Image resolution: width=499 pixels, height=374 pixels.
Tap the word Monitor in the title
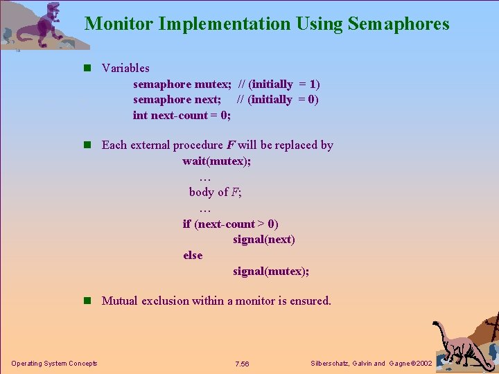tap(119, 24)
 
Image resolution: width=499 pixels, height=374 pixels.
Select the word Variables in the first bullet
tap(125, 68)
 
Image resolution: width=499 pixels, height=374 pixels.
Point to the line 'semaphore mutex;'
tap(182, 84)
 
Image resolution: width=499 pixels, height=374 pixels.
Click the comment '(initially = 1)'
tap(284, 84)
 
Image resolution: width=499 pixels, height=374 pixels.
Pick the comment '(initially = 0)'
tap(283, 99)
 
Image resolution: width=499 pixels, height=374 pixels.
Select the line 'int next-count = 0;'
tap(182, 115)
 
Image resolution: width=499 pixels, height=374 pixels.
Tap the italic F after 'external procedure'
tap(230, 145)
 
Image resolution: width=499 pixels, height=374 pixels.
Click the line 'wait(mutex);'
tap(217, 161)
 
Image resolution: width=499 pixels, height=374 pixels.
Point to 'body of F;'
tap(215, 192)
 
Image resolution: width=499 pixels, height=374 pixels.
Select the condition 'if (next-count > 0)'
tap(230, 224)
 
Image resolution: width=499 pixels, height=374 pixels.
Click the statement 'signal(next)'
tap(263, 240)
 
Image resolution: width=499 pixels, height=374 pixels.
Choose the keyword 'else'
tap(193, 255)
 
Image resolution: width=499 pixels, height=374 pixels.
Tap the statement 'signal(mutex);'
tap(271, 271)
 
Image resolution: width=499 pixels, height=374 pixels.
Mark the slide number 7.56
tap(242, 364)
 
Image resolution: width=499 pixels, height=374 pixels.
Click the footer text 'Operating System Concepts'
tap(54, 364)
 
